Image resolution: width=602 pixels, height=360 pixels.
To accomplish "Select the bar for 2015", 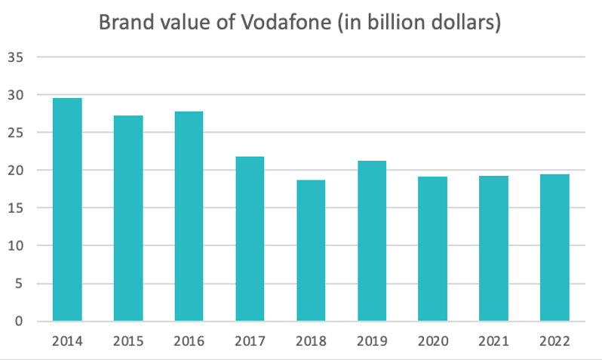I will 127,218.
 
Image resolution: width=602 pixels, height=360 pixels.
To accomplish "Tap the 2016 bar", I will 189,217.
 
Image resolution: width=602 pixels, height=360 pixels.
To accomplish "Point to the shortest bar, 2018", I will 311,251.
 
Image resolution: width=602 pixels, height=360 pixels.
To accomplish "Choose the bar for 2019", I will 371,241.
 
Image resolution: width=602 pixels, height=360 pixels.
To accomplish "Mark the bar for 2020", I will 432,249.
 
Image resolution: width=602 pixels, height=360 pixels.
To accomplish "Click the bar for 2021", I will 493,248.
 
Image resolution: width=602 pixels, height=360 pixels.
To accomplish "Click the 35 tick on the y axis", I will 17,57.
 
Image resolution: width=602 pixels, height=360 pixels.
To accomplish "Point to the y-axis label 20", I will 17,171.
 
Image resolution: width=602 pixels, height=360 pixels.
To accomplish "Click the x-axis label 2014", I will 66,340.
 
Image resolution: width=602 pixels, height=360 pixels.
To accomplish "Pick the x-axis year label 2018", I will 311,340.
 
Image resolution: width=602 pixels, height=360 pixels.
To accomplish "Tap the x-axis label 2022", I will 554,340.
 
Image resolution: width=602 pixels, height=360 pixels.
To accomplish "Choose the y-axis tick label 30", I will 17,95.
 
